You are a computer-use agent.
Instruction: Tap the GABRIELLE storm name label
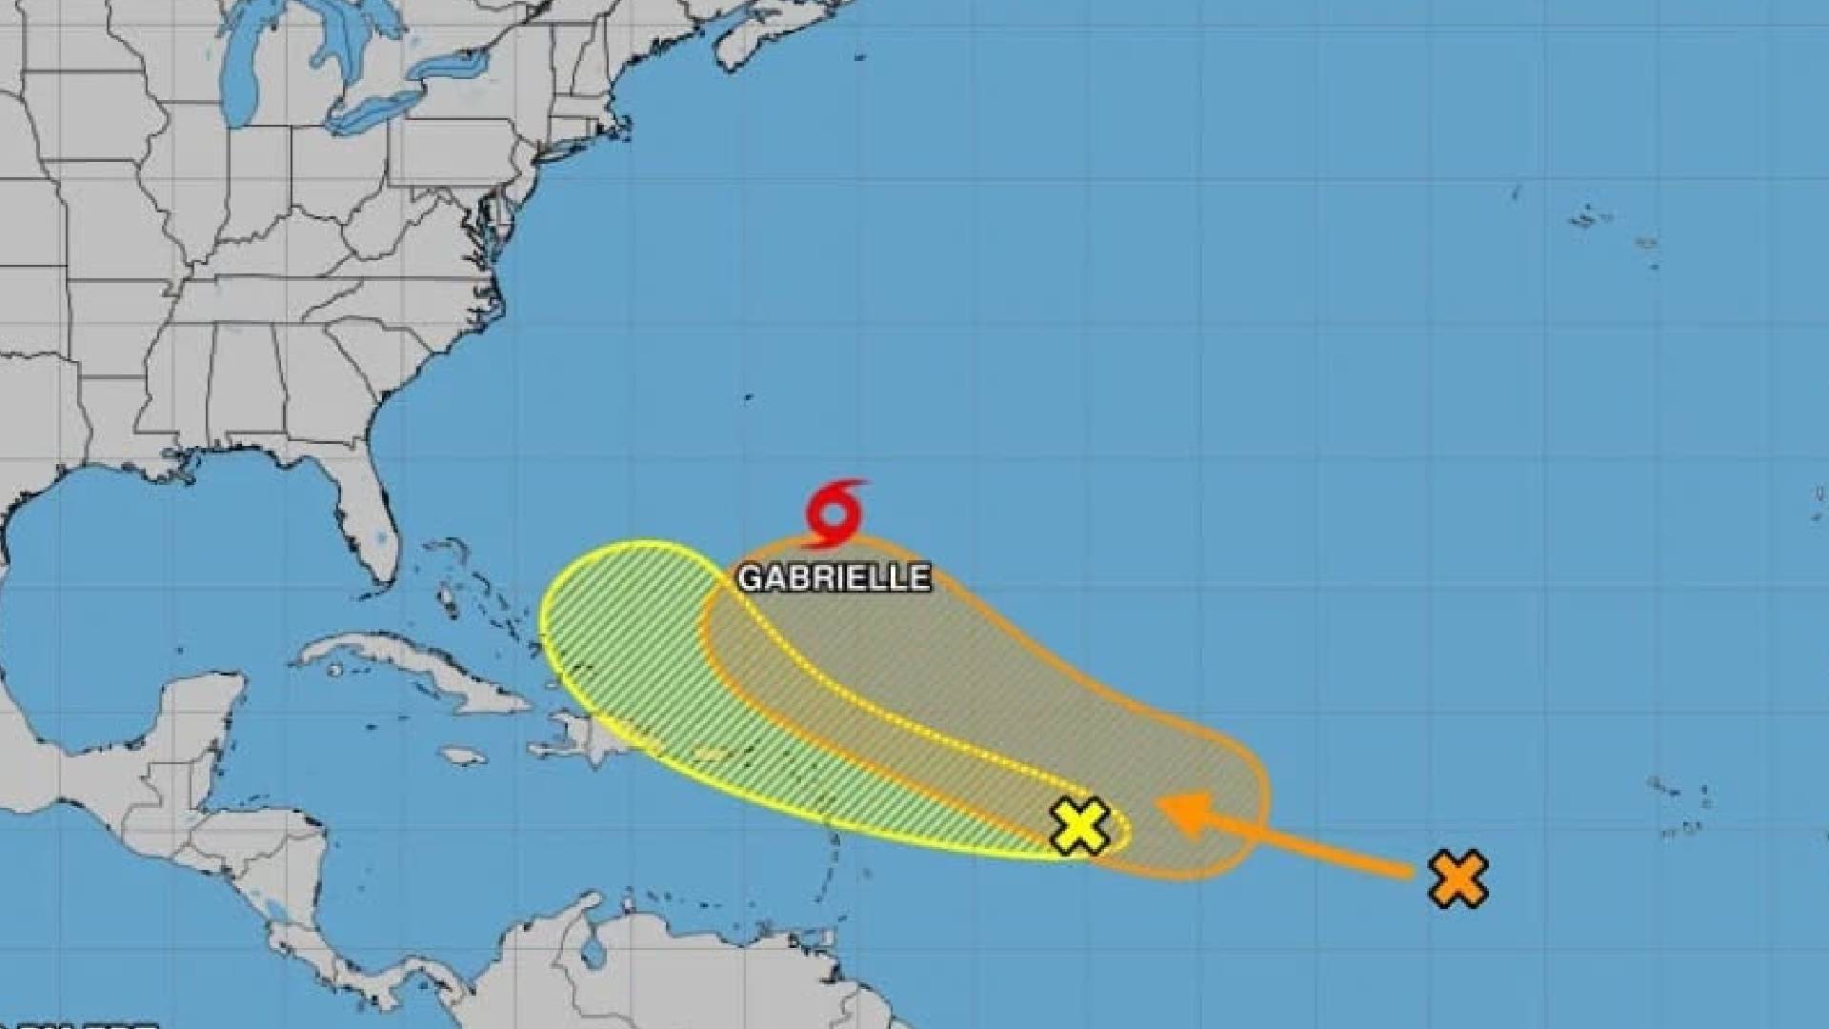tap(834, 578)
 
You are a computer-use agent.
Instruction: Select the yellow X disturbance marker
tap(1079, 825)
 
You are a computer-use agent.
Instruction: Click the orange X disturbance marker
tap(1457, 878)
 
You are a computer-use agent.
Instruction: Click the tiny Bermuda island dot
tap(749, 397)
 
